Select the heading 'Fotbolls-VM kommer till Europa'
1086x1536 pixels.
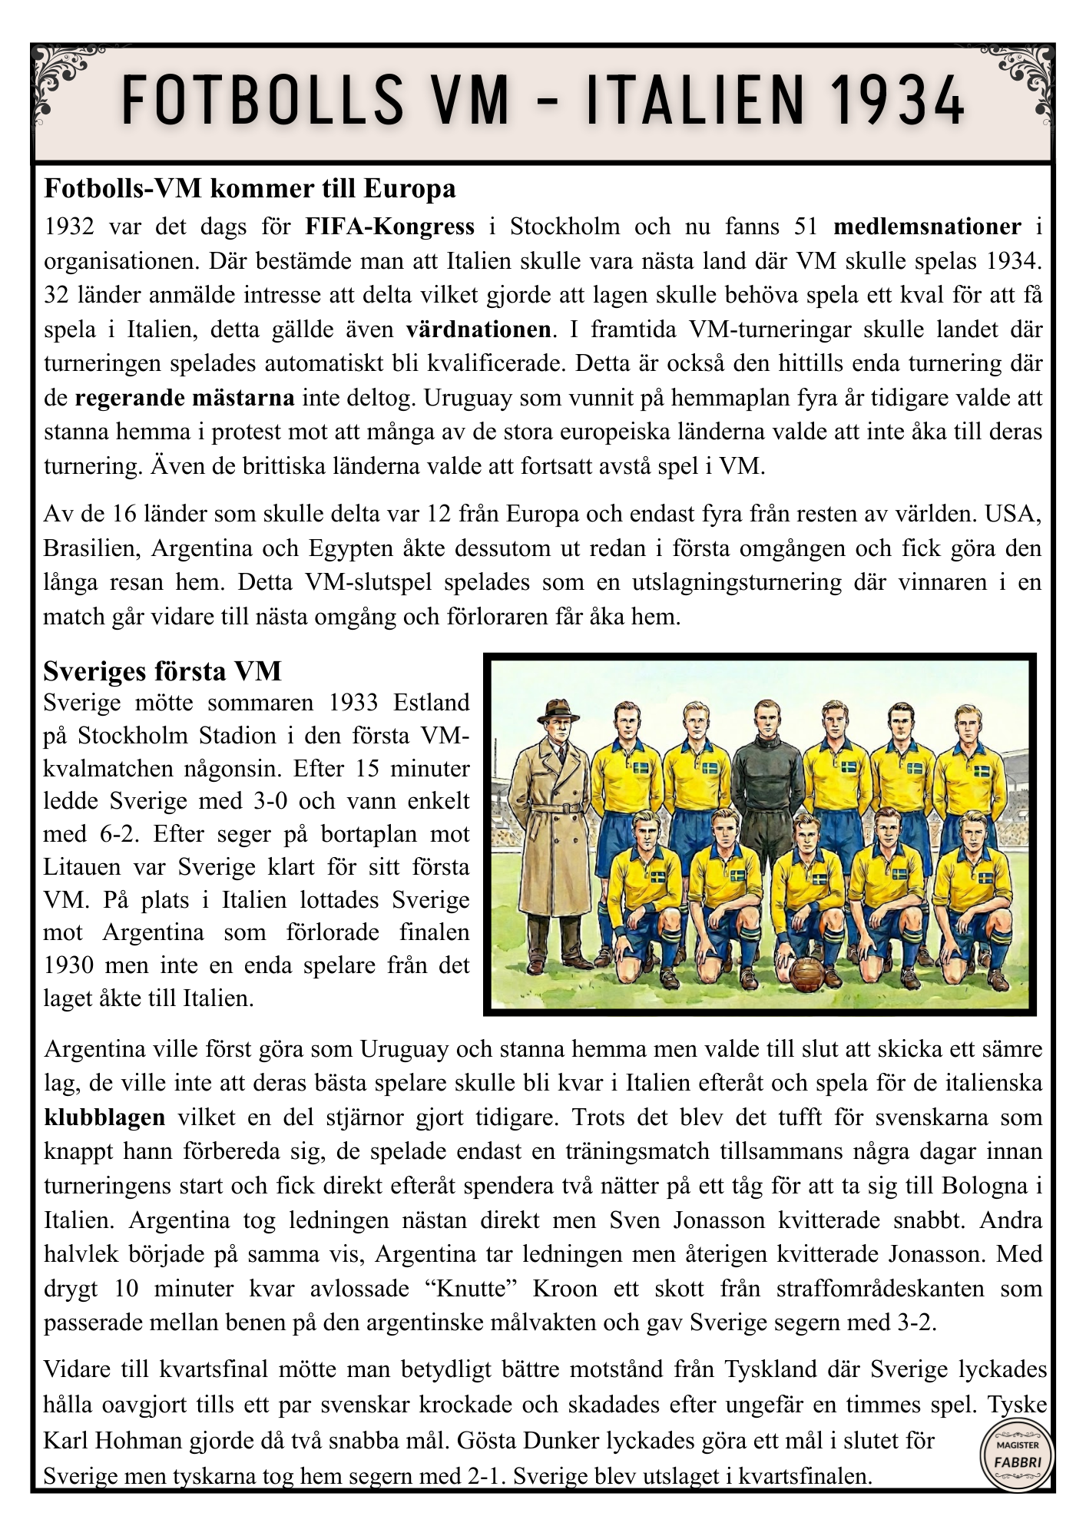[x=250, y=189]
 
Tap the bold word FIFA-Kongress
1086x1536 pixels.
[x=389, y=227]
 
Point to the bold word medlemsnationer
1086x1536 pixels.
[x=927, y=227]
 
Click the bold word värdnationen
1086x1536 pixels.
[x=478, y=330]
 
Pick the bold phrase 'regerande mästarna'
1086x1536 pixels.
[x=184, y=399]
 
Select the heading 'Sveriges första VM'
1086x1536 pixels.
[x=162, y=672]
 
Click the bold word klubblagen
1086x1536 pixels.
[x=104, y=1117]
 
